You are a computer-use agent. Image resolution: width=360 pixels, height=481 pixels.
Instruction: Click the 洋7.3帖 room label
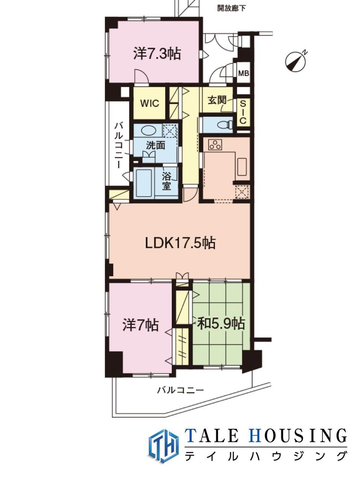pyautogui.click(x=157, y=54)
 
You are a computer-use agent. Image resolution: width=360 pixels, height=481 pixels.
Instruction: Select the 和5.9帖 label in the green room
pyautogui.click(x=221, y=323)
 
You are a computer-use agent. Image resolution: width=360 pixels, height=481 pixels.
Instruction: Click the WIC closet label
pyautogui.click(x=150, y=103)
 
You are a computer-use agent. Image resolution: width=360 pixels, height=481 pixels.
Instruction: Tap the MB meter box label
pyautogui.click(x=244, y=73)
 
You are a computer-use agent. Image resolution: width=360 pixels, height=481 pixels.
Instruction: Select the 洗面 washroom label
pyautogui.click(x=156, y=145)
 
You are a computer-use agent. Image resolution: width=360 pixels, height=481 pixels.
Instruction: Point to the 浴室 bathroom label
pyautogui.click(x=166, y=181)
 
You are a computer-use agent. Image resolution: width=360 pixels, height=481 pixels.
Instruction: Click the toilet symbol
pyautogui.click(x=225, y=125)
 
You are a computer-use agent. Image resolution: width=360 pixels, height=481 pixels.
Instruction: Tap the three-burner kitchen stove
pyautogui.click(x=215, y=145)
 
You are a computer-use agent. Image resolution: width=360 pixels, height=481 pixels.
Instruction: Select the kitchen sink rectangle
pyautogui.click(x=242, y=167)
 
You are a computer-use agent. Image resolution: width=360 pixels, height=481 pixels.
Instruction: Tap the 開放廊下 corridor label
pyautogui.click(x=231, y=8)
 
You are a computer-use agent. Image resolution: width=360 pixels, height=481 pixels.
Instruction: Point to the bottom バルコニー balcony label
pyautogui.click(x=180, y=390)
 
